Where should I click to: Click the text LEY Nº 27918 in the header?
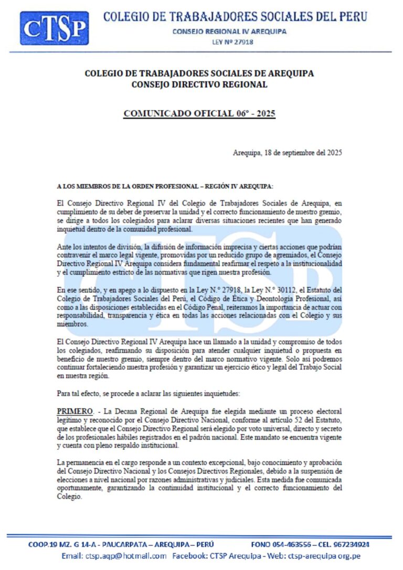(229, 42)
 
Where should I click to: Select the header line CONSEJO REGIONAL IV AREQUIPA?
(229, 31)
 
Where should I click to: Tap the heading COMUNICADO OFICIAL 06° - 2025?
(199, 113)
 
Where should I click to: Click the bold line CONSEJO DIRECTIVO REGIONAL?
(199, 85)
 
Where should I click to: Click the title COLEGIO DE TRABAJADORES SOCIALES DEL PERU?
(235, 16)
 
